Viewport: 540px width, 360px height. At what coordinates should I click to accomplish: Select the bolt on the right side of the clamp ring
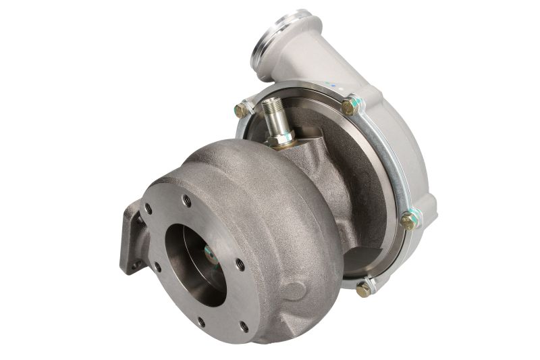click(x=408, y=220)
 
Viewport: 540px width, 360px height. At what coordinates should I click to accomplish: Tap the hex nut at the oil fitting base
click(x=278, y=139)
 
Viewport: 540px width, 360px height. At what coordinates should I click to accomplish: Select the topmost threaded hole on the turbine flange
click(x=186, y=201)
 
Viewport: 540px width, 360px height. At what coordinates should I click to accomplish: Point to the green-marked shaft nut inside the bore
click(x=210, y=255)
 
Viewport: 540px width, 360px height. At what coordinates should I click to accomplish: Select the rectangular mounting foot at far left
click(x=132, y=236)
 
